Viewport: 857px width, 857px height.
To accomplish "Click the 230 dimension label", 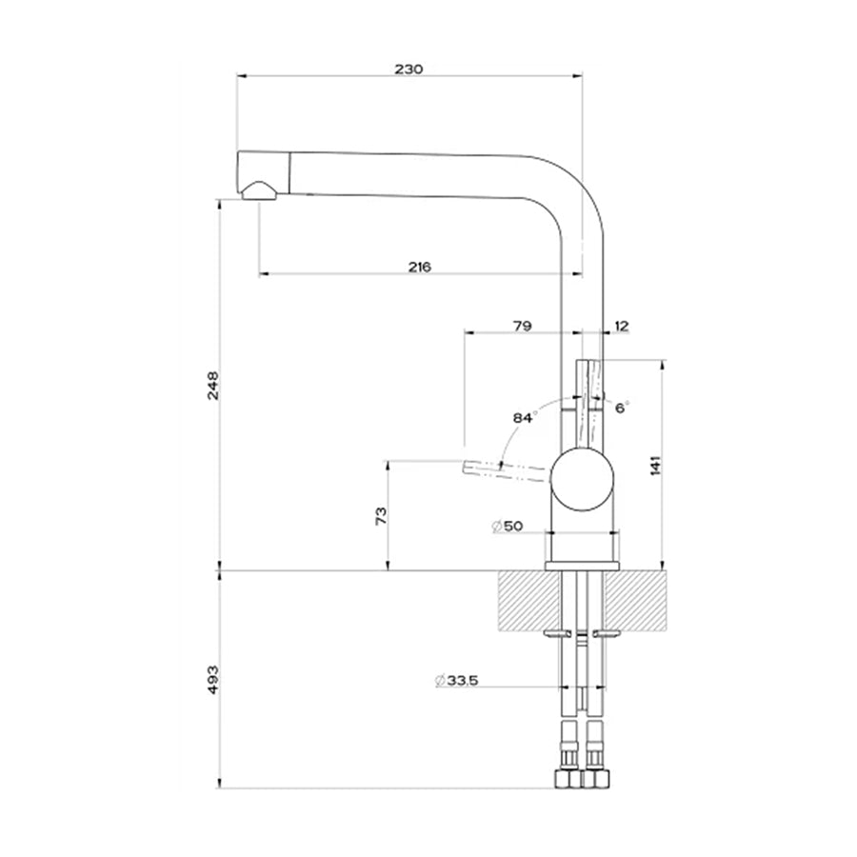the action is tap(409, 70).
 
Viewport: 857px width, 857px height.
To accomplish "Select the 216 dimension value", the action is tap(420, 267).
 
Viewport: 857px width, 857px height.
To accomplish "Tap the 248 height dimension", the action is tap(212, 386).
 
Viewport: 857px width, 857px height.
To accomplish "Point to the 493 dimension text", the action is tap(212, 679).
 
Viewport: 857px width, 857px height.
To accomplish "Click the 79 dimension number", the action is tap(523, 326).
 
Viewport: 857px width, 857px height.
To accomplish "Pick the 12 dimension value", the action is tap(622, 327).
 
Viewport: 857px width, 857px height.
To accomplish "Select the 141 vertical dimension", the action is tap(656, 465).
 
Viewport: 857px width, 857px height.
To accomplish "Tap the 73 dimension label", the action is tap(381, 515).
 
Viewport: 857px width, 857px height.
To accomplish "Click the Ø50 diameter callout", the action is tap(508, 527).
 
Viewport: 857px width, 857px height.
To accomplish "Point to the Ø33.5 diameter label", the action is tap(457, 681).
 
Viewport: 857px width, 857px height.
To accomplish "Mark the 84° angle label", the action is tap(524, 418).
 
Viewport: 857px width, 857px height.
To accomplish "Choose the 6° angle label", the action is tap(622, 408).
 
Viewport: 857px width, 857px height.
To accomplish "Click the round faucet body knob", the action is tap(583, 480).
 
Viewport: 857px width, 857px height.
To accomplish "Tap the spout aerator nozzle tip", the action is tap(259, 191).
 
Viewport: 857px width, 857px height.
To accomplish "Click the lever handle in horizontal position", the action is tap(507, 471).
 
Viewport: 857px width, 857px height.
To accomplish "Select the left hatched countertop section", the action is tap(530, 599).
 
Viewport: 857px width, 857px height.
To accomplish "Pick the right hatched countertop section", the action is tap(634, 599).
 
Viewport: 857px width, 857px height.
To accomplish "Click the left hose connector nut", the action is tap(568, 778).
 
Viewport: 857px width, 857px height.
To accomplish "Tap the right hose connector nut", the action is tap(596, 778).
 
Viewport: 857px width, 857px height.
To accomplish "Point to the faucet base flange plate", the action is tap(582, 566).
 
